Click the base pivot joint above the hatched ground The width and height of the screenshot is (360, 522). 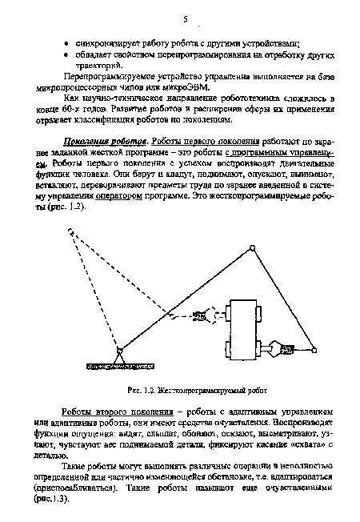(119, 350)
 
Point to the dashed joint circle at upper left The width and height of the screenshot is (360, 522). (71, 234)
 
